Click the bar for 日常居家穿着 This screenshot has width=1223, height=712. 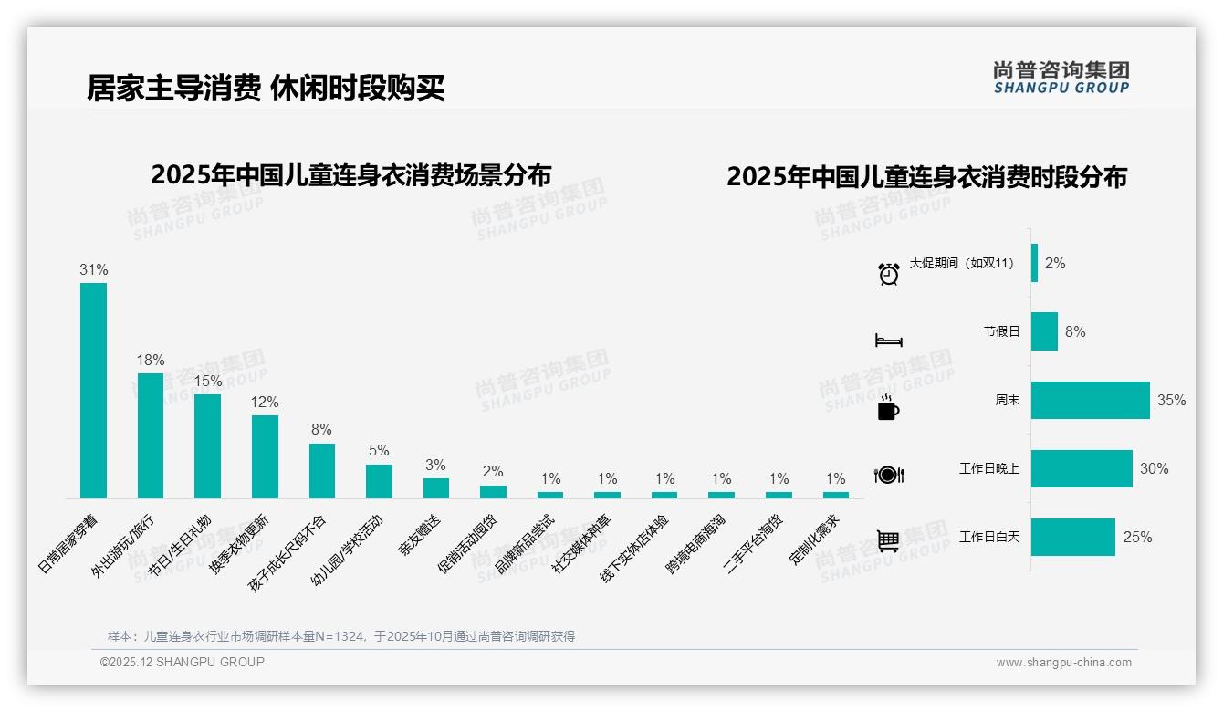point(93,391)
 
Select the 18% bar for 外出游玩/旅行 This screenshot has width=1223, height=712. point(151,435)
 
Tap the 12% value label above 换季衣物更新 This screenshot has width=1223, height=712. point(265,403)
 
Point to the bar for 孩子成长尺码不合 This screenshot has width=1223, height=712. point(322,471)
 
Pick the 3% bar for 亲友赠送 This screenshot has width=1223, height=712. point(436,488)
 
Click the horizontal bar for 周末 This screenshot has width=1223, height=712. point(1090,400)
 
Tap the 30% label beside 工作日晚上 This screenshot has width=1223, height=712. point(1154,468)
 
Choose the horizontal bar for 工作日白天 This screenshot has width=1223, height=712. point(1072,537)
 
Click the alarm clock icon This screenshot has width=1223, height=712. point(888,273)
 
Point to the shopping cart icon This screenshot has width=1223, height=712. point(887,541)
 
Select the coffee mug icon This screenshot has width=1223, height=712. point(887,409)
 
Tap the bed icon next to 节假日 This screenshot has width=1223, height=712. point(888,340)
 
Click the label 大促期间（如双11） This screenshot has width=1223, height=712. point(962,263)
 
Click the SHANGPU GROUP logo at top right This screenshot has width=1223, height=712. point(1061,78)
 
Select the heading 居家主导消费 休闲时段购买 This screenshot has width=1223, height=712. point(266,89)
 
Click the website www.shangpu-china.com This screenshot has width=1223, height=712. point(1063,663)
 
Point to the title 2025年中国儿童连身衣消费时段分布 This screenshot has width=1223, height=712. point(926,176)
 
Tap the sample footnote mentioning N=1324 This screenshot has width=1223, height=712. point(340,636)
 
